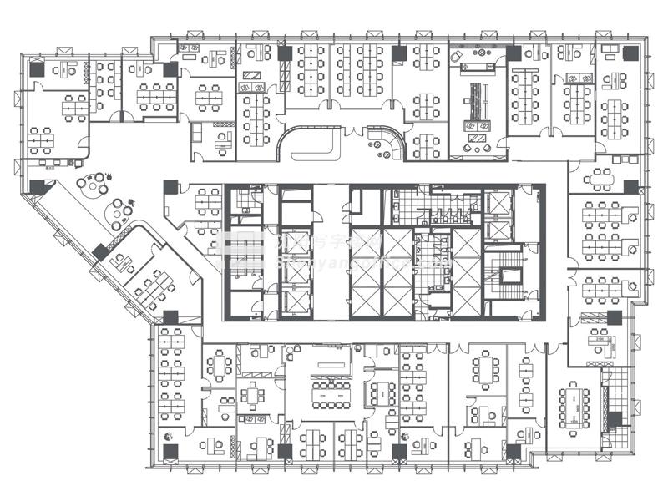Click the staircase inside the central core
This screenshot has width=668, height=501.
point(507,275)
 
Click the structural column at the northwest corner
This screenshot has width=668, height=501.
point(37,70)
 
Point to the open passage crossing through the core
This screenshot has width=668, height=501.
point(332,250)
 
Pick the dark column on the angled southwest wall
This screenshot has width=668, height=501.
point(100,252)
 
